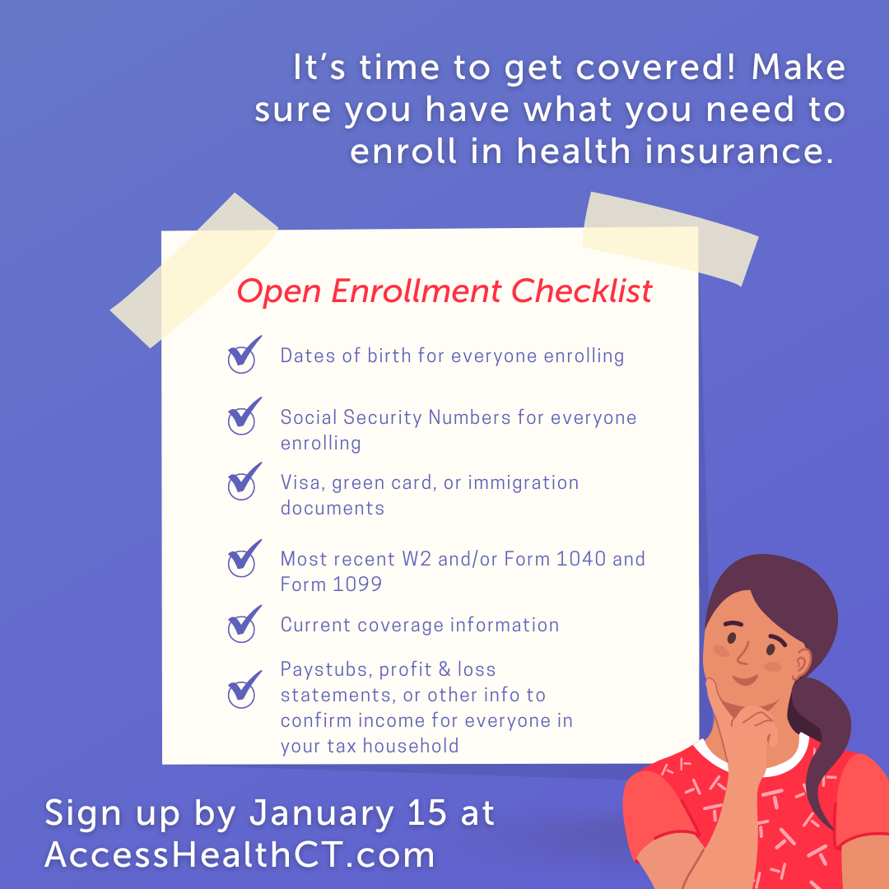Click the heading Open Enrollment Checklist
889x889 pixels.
[x=444, y=291]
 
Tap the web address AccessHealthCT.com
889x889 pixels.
[x=240, y=854]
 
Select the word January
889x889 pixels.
[x=322, y=814]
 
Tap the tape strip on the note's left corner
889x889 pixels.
[x=194, y=270]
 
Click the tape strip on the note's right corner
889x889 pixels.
[x=670, y=239]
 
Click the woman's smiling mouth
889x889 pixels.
[x=745, y=678]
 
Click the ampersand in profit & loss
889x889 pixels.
[x=444, y=669]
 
